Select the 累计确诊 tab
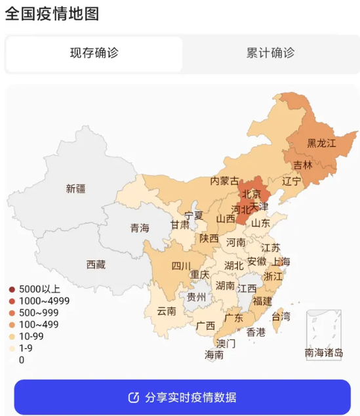270,54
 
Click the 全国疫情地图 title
52,14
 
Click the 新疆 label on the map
75,189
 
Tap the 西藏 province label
96,264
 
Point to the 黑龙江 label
321,143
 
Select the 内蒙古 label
224,180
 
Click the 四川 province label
181,266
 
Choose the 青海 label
139,228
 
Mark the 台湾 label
281,316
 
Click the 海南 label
214,355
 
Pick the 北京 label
251,194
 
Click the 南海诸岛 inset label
323,353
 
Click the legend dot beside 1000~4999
12,301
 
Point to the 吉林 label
303,165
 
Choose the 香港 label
256,332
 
